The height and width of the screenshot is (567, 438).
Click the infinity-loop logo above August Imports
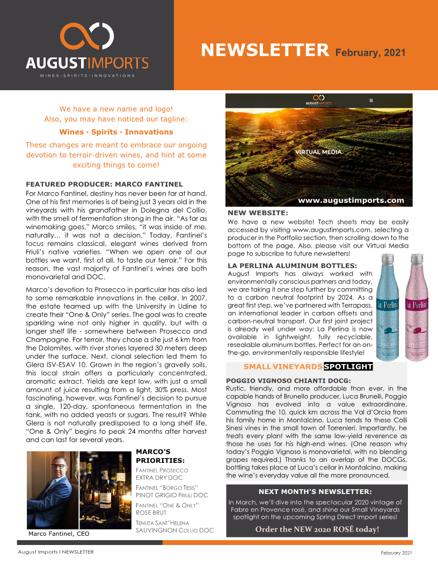87,37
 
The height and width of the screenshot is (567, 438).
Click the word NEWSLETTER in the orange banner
265,50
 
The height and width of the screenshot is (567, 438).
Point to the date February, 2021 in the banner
370,53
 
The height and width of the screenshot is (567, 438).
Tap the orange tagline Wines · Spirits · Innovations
116,132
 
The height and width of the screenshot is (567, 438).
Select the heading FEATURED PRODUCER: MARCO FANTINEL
104,184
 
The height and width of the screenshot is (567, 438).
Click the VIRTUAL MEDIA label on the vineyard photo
318,152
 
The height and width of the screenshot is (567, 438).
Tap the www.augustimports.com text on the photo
351,200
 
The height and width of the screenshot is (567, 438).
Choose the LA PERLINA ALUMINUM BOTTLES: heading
292,265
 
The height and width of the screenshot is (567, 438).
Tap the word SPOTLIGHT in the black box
348,367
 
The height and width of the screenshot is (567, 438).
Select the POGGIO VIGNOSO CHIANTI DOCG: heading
288,381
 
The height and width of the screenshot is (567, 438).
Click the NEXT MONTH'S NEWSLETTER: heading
315,491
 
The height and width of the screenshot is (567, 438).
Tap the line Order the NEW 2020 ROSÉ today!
317,529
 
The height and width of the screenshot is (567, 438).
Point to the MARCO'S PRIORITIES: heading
160,456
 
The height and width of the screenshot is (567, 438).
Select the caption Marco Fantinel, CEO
59,534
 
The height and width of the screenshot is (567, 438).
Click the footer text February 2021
397,553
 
